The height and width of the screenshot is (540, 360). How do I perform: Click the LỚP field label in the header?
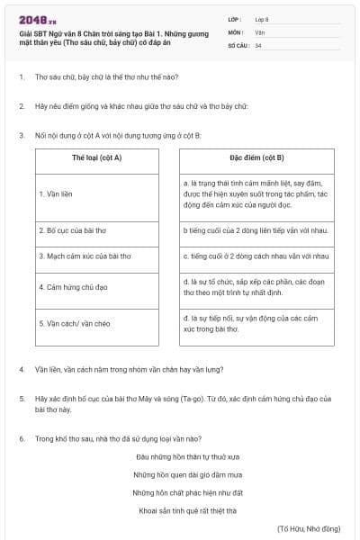(x=235, y=18)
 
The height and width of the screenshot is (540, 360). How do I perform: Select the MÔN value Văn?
(x=260, y=31)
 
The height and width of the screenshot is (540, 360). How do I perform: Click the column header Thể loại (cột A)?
(x=96, y=157)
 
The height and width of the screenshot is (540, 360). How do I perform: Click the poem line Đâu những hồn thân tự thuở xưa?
(x=180, y=455)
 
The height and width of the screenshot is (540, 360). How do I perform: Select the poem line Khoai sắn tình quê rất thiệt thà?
(x=180, y=510)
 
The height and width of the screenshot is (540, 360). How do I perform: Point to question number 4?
(x=22, y=369)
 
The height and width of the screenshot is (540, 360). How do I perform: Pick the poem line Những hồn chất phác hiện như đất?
(x=180, y=492)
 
